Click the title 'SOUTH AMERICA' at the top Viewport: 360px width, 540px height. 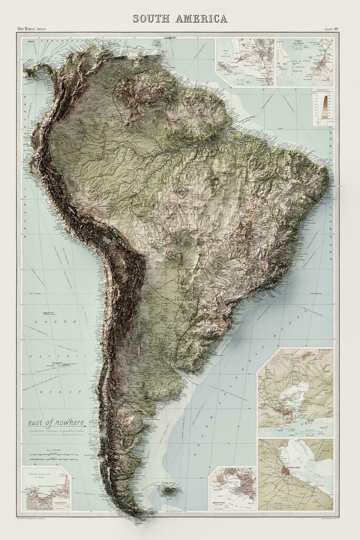pyautogui.click(x=180, y=19)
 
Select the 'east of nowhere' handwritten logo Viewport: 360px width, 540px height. pyautogui.click(x=57, y=422)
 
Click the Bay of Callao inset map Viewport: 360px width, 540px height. pyautogui.click(x=245, y=62)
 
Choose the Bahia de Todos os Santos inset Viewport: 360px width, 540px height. pyautogui.click(x=304, y=62)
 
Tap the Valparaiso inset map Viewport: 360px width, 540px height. pyautogui.click(x=47, y=488)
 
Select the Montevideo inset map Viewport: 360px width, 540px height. pyautogui.click(x=232, y=488)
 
